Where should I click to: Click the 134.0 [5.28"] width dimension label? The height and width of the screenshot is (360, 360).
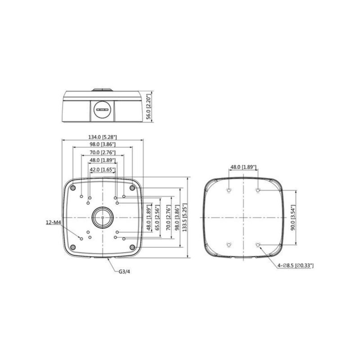click(103, 137)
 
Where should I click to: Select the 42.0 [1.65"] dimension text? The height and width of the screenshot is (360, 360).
click(103, 170)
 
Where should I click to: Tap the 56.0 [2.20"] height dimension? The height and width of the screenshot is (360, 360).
click(149, 106)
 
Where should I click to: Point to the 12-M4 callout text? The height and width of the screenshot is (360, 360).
click(53, 222)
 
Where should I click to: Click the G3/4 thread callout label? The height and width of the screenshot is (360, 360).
click(124, 272)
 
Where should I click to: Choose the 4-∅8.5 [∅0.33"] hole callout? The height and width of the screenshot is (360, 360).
click(296, 265)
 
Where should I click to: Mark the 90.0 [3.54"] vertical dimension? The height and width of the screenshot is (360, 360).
click(293, 218)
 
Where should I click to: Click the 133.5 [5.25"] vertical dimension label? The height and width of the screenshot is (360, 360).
click(184, 217)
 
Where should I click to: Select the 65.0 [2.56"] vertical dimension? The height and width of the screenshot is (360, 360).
click(157, 217)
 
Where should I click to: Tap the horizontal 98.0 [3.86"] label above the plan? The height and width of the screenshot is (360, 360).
click(103, 144)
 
